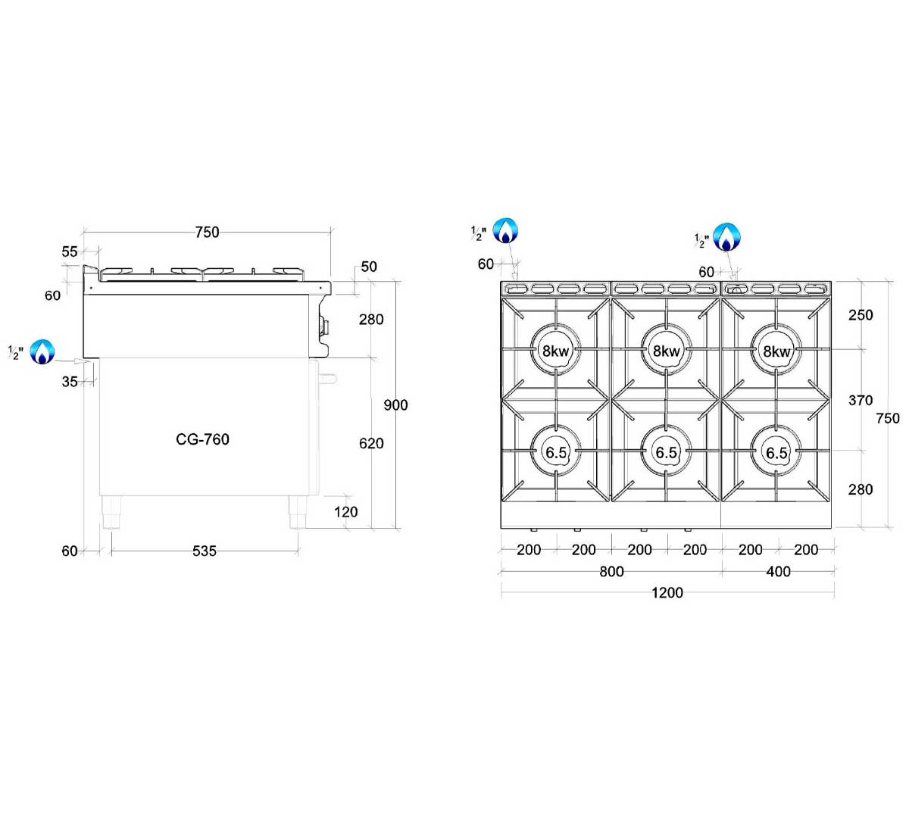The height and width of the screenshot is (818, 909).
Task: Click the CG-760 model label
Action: [202, 439]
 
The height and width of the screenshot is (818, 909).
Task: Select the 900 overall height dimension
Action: [395, 404]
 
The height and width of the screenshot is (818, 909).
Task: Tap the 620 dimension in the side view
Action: [371, 443]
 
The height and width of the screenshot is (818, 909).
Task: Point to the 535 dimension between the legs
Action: [205, 551]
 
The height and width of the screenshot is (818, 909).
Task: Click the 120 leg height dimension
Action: [345, 512]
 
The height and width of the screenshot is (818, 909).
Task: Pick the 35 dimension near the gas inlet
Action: [70, 382]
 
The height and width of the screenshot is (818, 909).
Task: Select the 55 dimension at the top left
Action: [70, 251]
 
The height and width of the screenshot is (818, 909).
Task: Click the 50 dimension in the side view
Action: [369, 267]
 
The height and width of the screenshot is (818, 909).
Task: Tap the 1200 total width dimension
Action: [667, 592]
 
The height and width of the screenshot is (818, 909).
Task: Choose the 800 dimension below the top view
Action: [611, 571]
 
